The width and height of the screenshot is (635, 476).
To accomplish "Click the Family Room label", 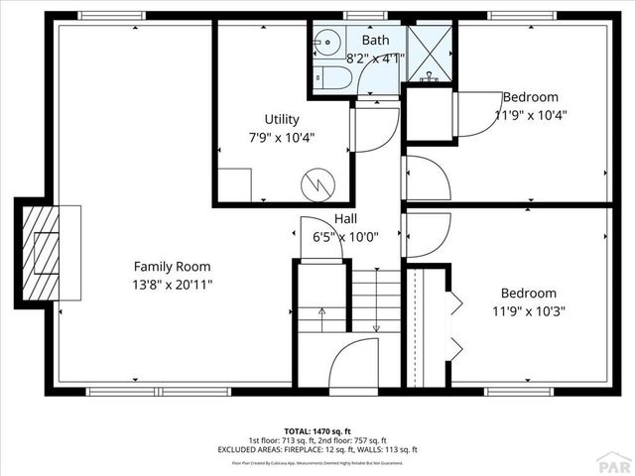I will click(173, 266).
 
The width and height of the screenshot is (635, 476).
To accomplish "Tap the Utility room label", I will click(282, 119).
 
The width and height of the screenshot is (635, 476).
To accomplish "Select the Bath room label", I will click(375, 40).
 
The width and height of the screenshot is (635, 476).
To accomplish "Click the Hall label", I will click(345, 218).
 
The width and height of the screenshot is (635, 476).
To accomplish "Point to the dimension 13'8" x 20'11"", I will click(173, 285).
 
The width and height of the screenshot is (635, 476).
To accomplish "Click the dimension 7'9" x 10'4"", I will click(282, 137).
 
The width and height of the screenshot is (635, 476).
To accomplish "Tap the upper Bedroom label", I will click(530, 97).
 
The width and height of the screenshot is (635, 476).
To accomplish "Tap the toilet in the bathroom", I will click(334, 78).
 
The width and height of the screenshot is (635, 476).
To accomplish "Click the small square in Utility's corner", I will click(235, 184).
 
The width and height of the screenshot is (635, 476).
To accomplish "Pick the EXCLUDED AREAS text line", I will click(317, 449).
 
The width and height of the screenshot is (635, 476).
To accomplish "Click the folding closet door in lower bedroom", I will click(454, 324).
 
